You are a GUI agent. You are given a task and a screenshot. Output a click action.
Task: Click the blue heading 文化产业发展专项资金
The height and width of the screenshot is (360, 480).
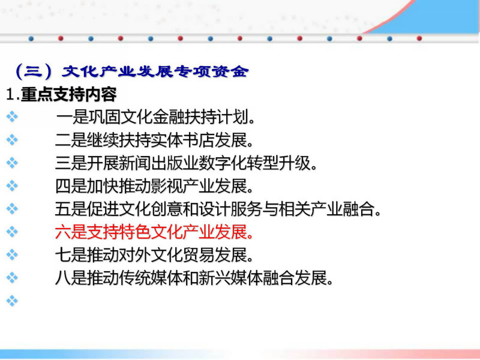[155, 71]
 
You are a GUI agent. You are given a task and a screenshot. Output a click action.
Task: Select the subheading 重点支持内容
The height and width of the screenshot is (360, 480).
[69, 94]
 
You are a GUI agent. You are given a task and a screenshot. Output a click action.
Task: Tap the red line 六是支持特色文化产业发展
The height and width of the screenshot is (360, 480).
[154, 232]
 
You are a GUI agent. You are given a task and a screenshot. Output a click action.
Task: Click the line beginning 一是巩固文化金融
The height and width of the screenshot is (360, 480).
[155, 117]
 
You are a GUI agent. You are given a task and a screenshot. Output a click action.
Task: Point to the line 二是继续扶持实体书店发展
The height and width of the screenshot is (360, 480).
[154, 140]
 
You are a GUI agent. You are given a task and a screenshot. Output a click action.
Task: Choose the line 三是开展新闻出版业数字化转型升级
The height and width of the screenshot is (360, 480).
[186, 163]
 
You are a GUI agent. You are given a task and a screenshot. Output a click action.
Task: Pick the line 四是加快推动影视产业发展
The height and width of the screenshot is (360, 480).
[154, 186]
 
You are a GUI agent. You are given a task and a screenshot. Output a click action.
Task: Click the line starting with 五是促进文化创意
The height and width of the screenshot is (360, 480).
[218, 209]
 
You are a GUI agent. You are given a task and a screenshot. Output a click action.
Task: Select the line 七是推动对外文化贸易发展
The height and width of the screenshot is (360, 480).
[154, 254]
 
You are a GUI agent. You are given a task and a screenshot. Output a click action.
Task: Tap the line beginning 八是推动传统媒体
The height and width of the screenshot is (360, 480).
[194, 278]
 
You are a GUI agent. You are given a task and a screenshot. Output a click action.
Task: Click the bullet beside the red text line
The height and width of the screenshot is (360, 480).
[12, 232]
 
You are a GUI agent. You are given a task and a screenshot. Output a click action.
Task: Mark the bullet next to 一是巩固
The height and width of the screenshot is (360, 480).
[12, 116]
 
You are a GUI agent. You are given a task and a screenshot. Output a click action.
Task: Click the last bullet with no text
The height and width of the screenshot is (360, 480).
[12, 301]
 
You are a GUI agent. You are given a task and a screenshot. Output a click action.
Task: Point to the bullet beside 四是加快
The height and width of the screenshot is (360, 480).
[12, 185]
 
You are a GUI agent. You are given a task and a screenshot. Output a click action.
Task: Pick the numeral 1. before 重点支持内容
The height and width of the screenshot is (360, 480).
[13, 95]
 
